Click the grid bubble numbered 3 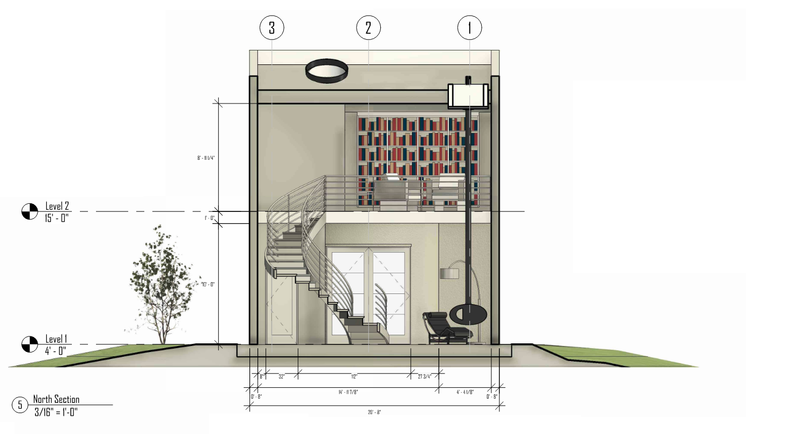[272, 28]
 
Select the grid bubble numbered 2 [368, 28]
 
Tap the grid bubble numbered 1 [469, 28]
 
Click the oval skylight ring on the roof [327, 71]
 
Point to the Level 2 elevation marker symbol [30, 211]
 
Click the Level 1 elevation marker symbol [30, 344]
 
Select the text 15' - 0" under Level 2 [57, 218]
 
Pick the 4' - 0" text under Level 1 [56, 351]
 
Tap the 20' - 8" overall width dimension [374, 412]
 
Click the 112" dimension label [354, 376]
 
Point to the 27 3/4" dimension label [425, 376]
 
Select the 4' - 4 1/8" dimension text [466, 392]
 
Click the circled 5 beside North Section [20, 404]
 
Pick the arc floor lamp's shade [449, 274]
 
